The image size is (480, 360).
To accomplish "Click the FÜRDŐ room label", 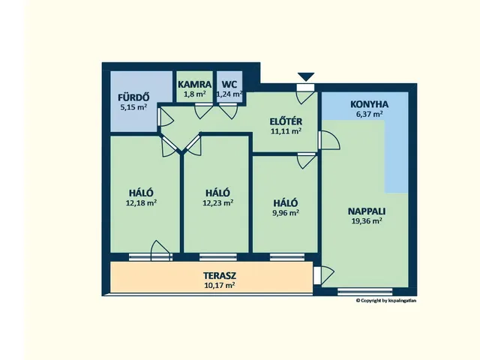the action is [x=133, y=97].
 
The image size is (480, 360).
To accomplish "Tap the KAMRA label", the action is [x=195, y=84].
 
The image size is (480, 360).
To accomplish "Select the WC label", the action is [x=229, y=84].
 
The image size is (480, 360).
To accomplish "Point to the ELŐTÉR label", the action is [x=286, y=121].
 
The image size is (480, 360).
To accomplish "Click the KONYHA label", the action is [x=370, y=104].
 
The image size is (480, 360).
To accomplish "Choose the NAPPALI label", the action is [x=367, y=211].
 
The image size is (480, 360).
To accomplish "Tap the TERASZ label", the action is [x=220, y=275].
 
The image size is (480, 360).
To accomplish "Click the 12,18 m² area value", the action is [x=142, y=202].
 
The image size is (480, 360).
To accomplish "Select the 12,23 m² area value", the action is [x=218, y=202].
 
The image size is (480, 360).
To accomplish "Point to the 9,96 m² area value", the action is [x=286, y=212].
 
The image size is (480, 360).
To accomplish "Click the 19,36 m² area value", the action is [x=367, y=220].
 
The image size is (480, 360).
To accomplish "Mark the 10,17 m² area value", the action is [x=220, y=285].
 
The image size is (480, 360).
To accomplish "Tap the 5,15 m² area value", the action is [x=133, y=107].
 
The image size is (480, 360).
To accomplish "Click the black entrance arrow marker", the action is [x=306, y=76].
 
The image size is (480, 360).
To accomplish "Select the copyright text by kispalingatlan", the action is [x=386, y=301].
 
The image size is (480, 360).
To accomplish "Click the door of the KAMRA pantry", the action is [x=203, y=111].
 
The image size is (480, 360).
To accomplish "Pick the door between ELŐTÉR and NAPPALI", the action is [x=328, y=140].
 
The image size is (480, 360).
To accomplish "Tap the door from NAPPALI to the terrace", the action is [x=324, y=275].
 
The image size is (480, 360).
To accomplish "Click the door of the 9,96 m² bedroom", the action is [x=307, y=160].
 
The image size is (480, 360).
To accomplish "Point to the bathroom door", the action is [x=165, y=117].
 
